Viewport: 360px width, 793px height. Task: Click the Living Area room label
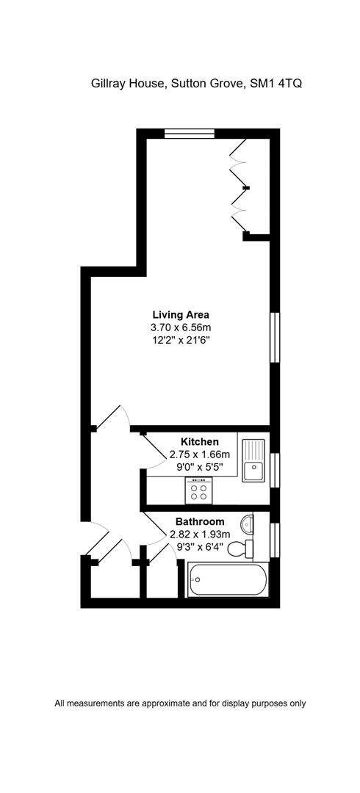[x=181, y=314]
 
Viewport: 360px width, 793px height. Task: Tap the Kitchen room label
[x=200, y=441]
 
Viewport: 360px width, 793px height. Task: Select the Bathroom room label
[x=200, y=521]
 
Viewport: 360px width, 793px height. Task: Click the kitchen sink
[x=253, y=460]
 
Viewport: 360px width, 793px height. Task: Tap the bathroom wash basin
[x=247, y=523]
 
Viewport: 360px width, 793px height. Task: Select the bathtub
[x=228, y=580]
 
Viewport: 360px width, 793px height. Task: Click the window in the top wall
[x=190, y=134]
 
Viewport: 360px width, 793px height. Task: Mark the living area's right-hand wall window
[x=275, y=337]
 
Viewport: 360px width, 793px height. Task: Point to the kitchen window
[x=275, y=471]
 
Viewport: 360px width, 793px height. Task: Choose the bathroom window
[x=275, y=540]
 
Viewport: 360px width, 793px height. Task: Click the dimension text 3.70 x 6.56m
[x=181, y=327]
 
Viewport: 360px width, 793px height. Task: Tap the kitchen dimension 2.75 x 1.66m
[x=200, y=454]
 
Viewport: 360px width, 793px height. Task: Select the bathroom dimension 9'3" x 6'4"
[x=200, y=546]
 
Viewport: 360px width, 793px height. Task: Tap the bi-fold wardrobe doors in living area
[x=240, y=187]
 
